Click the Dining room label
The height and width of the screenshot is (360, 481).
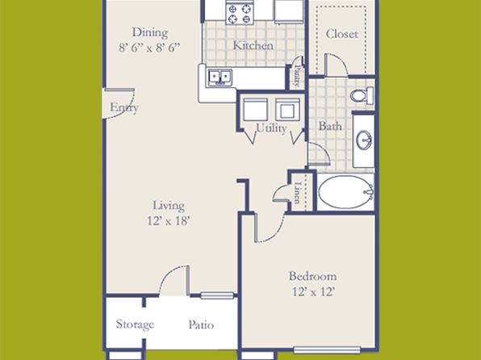tap(149, 33)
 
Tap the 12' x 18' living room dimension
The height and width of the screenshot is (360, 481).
tap(169, 220)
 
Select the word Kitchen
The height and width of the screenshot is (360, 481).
tap(253, 45)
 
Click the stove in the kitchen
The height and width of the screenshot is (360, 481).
tap(240, 14)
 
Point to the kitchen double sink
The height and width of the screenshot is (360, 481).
tap(220, 77)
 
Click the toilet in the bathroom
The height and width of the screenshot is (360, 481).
tap(362, 95)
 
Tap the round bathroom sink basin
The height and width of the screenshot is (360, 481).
tap(364, 140)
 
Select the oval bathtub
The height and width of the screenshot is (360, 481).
tap(345, 192)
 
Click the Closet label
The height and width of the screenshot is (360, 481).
tap(342, 34)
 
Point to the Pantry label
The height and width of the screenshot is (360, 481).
tap(297, 75)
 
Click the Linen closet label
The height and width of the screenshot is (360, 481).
tap(297, 193)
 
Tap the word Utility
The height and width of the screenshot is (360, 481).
tap(271, 128)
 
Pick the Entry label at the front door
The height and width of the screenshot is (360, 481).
tap(124, 107)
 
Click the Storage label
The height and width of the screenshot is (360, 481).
tap(135, 324)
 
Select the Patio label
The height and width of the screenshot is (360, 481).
tap(201, 324)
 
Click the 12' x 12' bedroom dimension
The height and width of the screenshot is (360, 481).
tap(313, 291)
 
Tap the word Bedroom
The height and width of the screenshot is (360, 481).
tap(313, 276)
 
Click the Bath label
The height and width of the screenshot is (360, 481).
tap(330, 126)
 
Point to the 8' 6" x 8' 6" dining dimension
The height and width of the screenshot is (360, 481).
tap(149, 48)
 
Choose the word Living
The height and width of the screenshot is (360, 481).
tap(169, 206)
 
